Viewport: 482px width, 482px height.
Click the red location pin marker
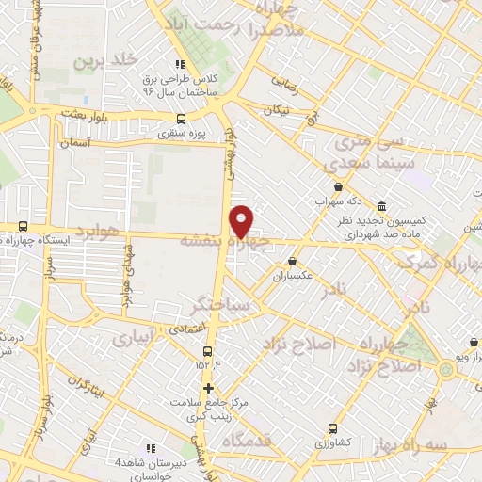242,220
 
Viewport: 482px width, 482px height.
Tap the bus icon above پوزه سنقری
181,119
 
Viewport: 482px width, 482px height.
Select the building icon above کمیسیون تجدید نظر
381,206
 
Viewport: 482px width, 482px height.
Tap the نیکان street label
278,111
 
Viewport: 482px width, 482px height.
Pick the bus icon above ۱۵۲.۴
207,351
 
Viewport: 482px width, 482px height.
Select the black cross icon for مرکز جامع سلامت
208,388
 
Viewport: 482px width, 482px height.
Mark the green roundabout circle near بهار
446,367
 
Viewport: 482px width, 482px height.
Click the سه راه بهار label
412,442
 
